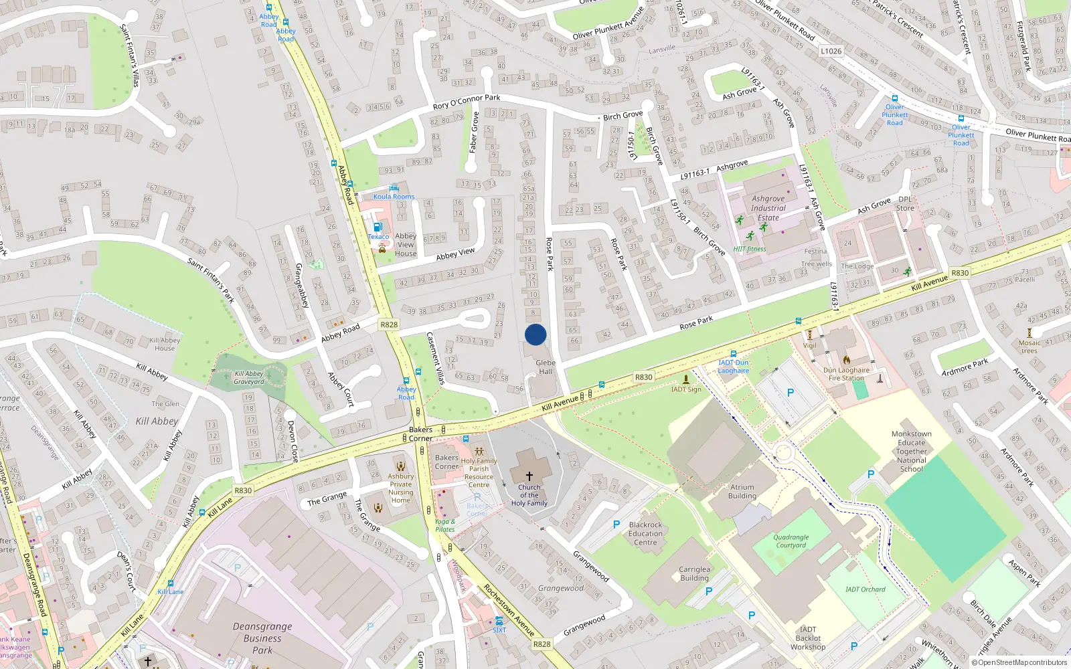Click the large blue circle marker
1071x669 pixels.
click(535, 334)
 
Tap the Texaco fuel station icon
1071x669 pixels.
click(378, 227)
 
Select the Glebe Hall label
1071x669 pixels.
click(546, 367)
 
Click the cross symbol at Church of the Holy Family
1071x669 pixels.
click(529, 476)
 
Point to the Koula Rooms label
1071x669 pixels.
click(394, 197)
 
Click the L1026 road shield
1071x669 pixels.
click(831, 51)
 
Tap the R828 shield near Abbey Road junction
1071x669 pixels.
click(389, 324)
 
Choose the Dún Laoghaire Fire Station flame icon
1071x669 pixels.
click(846, 359)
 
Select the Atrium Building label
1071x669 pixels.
click(742, 492)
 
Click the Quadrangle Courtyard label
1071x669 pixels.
click(791, 541)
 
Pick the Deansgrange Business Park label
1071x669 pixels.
click(262, 638)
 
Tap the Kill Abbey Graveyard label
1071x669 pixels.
click(249, 378)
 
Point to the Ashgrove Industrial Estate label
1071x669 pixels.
click(768, 208)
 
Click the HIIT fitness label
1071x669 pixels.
click(749, 249)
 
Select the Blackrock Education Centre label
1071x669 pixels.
click(645, 534)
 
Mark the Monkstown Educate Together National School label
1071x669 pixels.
click(912, 452)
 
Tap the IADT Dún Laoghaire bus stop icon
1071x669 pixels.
click(734, 354)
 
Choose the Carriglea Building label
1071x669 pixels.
click(694, 574)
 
